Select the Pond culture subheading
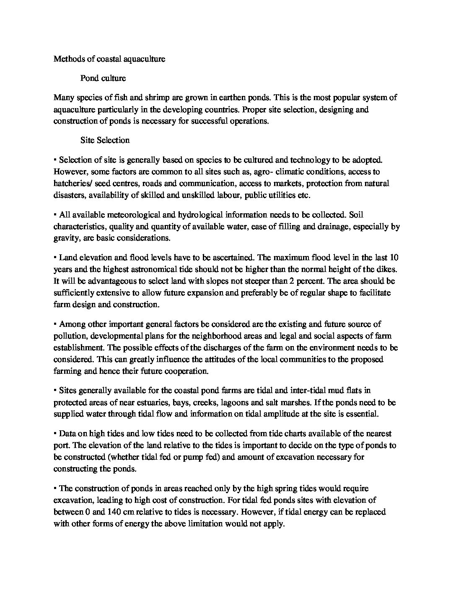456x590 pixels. coord(103,78)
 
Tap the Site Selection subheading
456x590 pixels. coord(105,140)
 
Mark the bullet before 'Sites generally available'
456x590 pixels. coord(55,391)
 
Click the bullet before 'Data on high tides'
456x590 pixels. coord(55,434)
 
